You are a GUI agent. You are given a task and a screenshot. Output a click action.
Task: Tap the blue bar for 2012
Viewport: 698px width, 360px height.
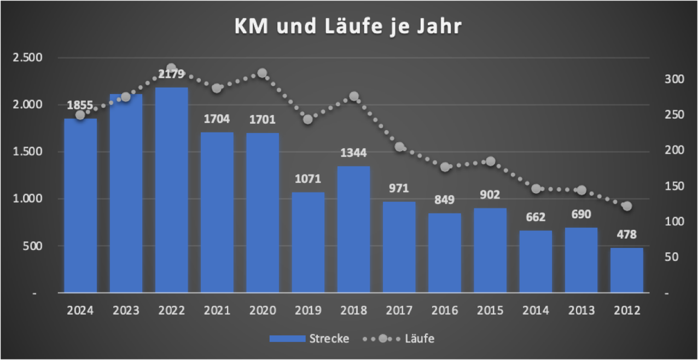pyautogui.click(x=627, y=270)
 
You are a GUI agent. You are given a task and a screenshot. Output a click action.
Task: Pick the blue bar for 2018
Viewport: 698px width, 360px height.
pyautogui.click(x=353, y=229)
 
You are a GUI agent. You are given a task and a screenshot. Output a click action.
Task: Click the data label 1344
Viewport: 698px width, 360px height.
pyautogui.click(x=353, y=152)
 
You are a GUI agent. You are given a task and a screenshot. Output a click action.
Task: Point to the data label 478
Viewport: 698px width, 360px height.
pyautogui.click(x=627, y=235)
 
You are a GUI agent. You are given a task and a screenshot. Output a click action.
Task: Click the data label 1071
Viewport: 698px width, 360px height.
pyautogui.click(x=308, y=179)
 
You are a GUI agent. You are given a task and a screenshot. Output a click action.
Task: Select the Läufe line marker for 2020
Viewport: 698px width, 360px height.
pyautogui.click(x=262, y=73)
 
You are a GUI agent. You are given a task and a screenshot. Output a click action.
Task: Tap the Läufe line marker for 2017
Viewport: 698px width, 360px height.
pyautogui.click(x=399, y=147)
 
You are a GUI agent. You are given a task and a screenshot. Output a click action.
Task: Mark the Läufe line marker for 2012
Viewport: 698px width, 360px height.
pyautogui.click(x=627, y=206)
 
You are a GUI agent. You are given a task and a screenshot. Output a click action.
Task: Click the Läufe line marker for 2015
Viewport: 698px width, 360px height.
pyautogui.click(x=490, y=161)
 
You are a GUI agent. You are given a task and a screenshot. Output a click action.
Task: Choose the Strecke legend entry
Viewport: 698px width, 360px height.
pyautogui.click(x=310, y=339)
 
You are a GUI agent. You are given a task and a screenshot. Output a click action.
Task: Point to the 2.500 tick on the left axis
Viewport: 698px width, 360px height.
pyautogui.click(x=28, y=57)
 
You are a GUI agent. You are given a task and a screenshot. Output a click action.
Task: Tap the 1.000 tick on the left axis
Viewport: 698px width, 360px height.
pyautogui.click(x=28, y=199)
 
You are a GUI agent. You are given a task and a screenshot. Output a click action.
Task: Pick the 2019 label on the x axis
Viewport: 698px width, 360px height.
pyautogui.click(x=308, y=310)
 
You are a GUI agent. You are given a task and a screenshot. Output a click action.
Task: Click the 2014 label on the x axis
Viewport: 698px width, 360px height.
pyautogui.click(x=536, y=310)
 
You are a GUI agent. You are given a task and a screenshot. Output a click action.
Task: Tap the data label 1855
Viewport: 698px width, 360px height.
pyautogui.click(x=80, y=105)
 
